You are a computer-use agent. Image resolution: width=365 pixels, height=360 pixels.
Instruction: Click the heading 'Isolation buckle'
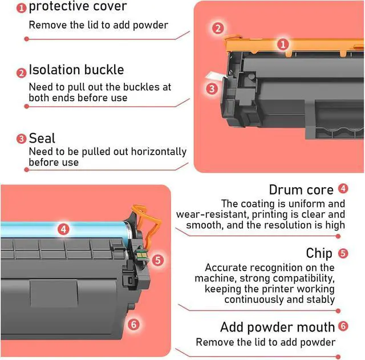point(76,70)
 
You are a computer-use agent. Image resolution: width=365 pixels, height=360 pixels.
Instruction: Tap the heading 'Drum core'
point(302,189)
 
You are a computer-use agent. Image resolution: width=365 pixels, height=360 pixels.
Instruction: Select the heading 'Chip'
point(319,253)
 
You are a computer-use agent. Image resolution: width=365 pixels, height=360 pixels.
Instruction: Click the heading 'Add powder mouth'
point(278,327)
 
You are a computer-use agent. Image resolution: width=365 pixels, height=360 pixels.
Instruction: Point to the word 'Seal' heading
point(42,138)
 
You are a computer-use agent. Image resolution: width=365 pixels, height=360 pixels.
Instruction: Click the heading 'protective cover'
point(78,7)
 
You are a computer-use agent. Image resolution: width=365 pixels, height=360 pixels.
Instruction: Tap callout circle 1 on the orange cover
point(283,44)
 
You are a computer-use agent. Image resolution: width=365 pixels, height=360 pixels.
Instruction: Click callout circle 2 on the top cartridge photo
point(217,28)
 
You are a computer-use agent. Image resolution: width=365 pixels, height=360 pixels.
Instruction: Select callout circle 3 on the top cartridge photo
point(212,88)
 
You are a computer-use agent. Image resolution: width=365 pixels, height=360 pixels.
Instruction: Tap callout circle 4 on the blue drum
point(64,229)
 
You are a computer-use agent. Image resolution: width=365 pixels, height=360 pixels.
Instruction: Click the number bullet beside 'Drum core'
point(343,188)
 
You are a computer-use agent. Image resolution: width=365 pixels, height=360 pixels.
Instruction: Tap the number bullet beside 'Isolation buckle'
point(22,72)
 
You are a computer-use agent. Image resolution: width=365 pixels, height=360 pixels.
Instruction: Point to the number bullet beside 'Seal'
point(22,139)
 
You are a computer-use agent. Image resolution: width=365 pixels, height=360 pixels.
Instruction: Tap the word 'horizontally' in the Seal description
point(159,152)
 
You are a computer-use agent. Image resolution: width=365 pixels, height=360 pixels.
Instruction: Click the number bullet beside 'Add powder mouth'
point(343,326)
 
